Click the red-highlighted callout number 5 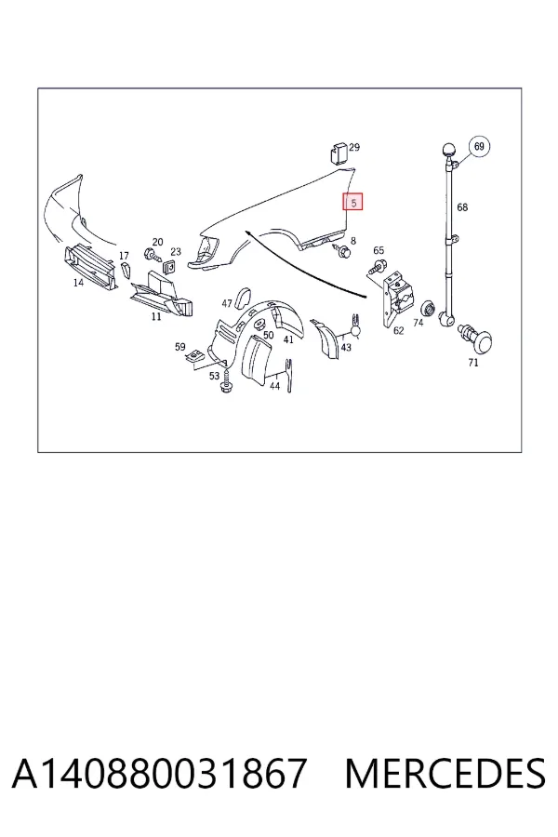click(x=353, y=202)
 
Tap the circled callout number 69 click(x=479, y=146)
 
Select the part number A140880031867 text click(x=159, y=773)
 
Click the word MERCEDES click(x=445, y=773)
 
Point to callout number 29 click(x=354, y=147)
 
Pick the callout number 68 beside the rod click(x=462, y=207)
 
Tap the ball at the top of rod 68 click(x=448, y=151)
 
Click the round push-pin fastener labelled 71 click(x=479, y=340)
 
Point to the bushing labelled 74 click(x=428, y=309)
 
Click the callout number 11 click(x=156, y=316)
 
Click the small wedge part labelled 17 click(x=126, y=271)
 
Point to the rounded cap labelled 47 click(x=246, y=297)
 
